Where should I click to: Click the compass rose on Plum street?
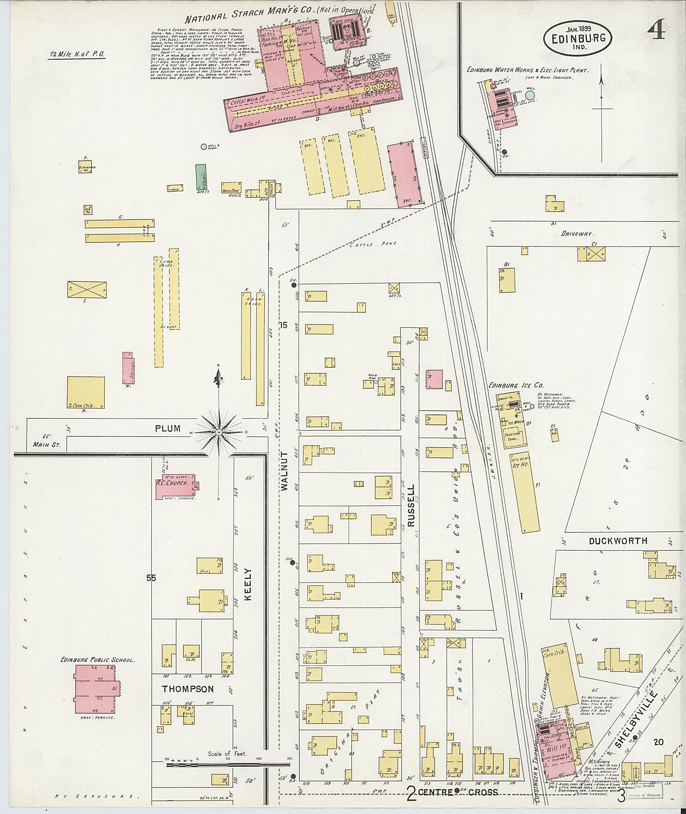coord(219,432)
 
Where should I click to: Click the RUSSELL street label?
coord(411,505)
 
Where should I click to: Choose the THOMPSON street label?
coord(188,689)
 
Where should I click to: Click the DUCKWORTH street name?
coord(618,541)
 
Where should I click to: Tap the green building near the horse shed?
coord(201,176)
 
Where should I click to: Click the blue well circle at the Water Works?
coord(530,95)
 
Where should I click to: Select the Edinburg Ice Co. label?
coord(515,385)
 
